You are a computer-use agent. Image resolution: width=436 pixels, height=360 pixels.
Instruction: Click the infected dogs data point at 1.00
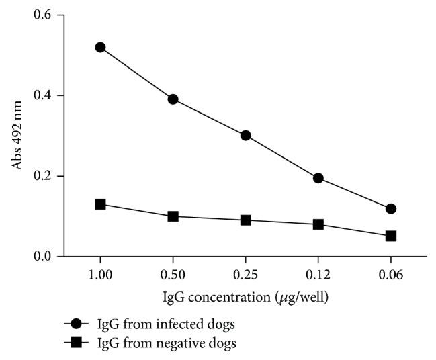click(100, 47)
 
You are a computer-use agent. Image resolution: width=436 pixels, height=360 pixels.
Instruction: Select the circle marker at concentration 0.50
click(173, 99)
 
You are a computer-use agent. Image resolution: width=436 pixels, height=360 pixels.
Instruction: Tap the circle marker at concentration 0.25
click(245, 135)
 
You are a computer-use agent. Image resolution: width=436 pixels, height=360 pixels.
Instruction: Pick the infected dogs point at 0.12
click(318, 178)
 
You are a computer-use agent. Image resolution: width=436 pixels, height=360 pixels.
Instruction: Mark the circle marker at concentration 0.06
click(391, 209)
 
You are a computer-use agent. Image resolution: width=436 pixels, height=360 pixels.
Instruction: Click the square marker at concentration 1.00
click(100, 204)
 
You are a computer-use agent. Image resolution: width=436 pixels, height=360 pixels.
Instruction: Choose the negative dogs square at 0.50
click(173, 216)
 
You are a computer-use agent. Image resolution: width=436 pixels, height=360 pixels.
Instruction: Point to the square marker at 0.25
click(245, 220)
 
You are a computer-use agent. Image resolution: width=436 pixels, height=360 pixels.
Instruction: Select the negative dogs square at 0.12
click(318, 224)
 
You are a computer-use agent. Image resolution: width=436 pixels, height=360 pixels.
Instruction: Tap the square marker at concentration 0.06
click(391, 236)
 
